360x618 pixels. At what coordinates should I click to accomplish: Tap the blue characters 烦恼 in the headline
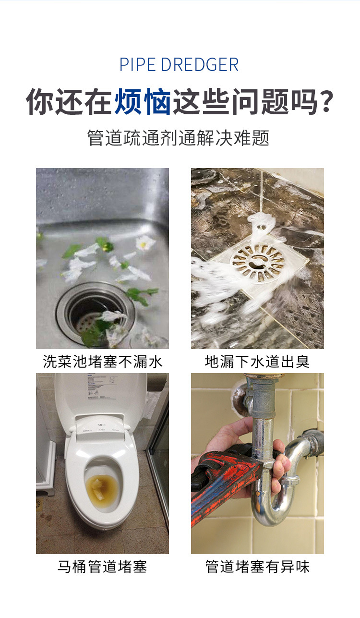[x=143, y=101]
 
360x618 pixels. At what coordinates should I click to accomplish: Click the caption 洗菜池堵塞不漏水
[x=102, y=362]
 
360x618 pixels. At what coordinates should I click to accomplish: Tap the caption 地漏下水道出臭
[x=257, y=362]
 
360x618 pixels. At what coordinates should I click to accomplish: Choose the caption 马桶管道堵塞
[x=102, y=567]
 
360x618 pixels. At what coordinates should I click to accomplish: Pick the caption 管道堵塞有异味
[x=257, y=567]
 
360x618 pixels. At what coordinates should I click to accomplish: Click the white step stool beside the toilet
[x=47, y=475]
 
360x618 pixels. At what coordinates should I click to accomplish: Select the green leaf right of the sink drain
[x=139, y=295]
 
